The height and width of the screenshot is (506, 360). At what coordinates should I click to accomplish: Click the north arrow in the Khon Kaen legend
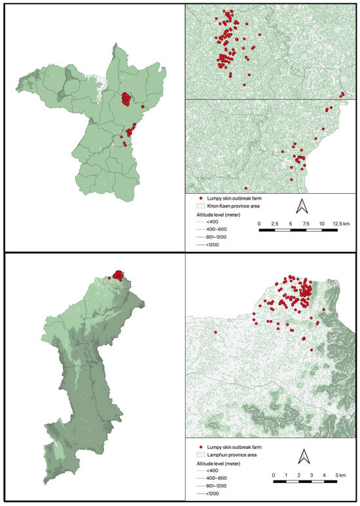(x=302, y=206)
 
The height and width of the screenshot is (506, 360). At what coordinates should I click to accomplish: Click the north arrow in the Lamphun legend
(x=303, y=456)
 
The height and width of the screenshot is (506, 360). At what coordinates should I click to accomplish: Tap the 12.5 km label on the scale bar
(x=340, y=224)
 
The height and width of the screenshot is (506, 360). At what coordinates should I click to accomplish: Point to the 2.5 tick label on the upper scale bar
(x=275, y=224)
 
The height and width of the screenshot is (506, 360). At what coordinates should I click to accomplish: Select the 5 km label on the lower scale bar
(x=340, y=473)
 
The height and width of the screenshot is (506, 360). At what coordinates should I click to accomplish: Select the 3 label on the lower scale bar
(x=311, y=473)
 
